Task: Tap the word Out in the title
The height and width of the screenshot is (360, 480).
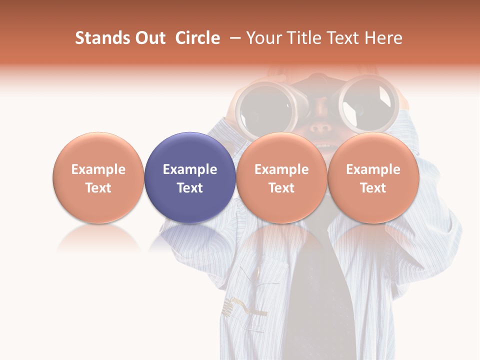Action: tap(150, 38)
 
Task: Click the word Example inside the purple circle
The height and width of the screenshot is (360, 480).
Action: tap(190, 169)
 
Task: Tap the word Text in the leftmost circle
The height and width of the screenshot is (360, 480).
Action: tap(98, 188)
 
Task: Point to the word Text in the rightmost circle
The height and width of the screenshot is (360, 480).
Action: tap(373, 188)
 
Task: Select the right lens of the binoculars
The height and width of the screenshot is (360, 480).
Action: tap(369, 102)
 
